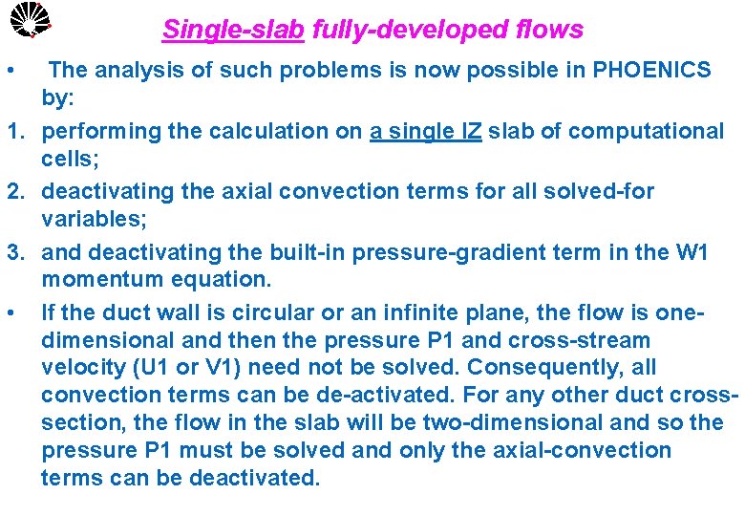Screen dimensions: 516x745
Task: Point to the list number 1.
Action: tap(13, 130)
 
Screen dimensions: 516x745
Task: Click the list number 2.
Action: tap(13, 191)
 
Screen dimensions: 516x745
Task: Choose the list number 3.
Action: tap(13, 252)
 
